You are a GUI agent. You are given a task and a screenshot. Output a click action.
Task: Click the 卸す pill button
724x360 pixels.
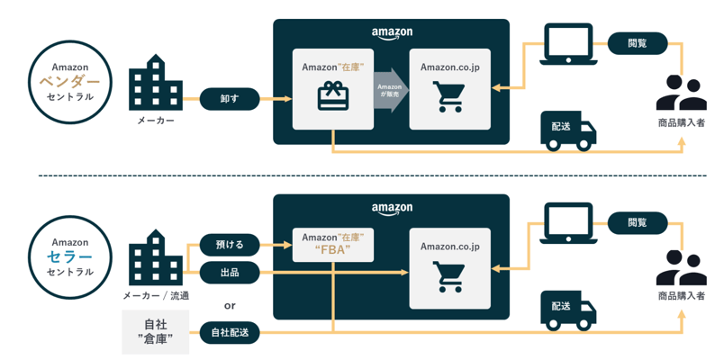pyautogui.click(x=230, y=97)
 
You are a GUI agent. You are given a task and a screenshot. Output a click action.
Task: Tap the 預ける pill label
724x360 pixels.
pyautogui.click(x=230, y=244)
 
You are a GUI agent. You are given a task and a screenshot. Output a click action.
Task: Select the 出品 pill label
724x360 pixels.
pyautogui.click(x=230, y=271)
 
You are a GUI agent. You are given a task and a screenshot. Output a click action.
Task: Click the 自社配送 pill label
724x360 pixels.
pyautogui.click(x=230, y=332)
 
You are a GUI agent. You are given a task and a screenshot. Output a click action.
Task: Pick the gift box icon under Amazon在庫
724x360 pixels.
pyautogui.click(x=332, y=96)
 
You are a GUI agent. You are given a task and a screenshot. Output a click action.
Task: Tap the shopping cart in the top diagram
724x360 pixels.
pyautogui.click(x=449, y=96)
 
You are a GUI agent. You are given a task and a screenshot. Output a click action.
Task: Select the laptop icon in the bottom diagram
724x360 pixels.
pyautogui.click(x=569, y=223)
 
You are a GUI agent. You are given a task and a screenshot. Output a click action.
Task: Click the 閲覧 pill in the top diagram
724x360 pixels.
pyautogui.click(x=637, y=42)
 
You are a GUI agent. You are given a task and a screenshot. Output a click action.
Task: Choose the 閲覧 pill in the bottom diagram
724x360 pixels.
pyautogui.click(x=637, y=222)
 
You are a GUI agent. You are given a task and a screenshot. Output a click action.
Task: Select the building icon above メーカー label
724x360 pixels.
pyautogui.click(x=155, y=85)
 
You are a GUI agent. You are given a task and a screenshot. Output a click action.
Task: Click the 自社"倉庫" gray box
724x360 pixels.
pyautogui.click(x=155, y=331)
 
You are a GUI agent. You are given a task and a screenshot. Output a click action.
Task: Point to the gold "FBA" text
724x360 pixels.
pyautogui.click(x=332, y=250)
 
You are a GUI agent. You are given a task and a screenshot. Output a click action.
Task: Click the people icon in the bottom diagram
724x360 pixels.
pyautogui.click(x=681, y=269)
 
